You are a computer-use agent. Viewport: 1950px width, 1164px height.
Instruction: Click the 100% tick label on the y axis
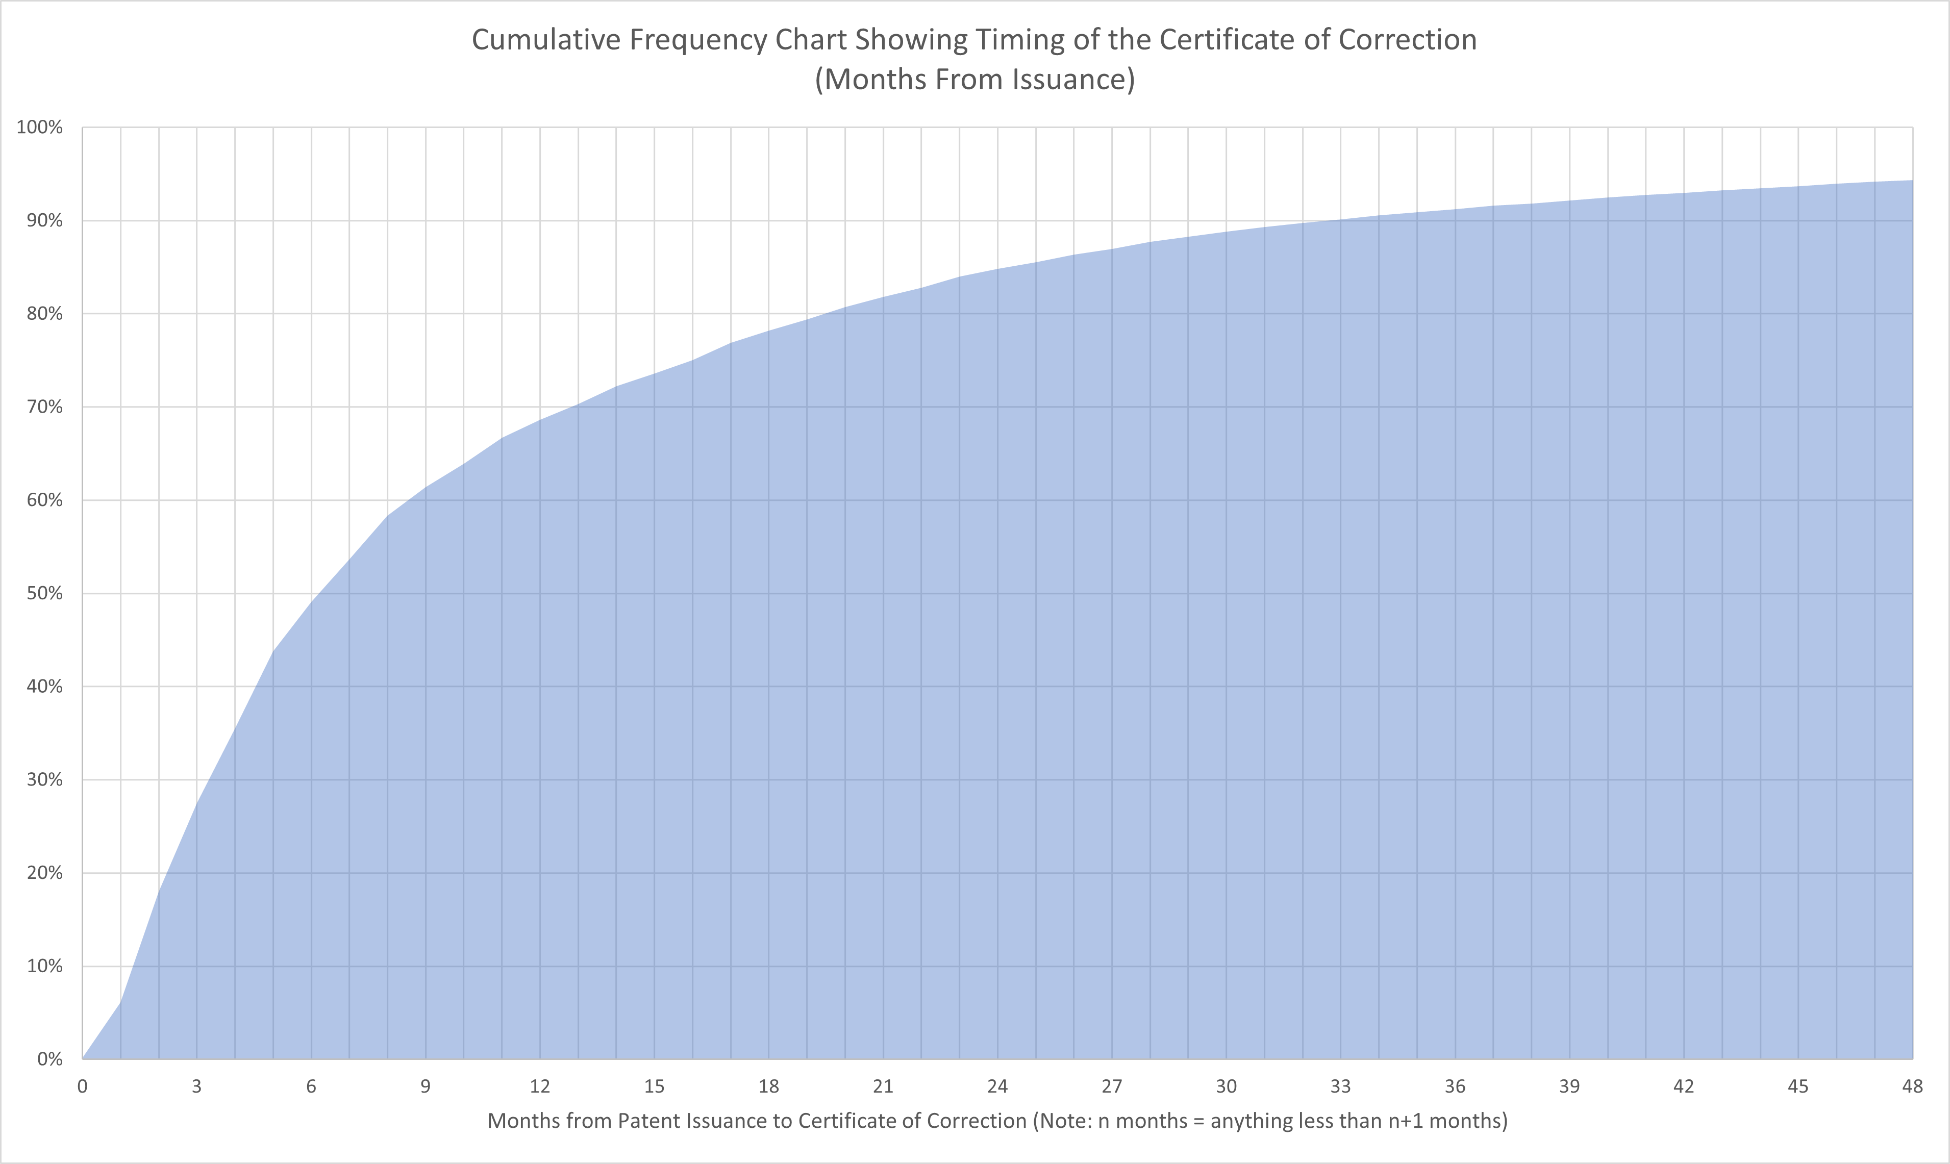[39, 127]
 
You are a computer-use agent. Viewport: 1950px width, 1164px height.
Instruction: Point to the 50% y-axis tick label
[44, 593]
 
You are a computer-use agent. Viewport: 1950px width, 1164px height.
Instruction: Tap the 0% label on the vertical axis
[49, 1059]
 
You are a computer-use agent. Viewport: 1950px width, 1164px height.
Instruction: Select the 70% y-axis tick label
[44, 407]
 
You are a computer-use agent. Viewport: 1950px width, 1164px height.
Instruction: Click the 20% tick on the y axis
[44, 873]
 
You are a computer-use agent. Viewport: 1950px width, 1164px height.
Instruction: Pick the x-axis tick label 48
[1912, 1086]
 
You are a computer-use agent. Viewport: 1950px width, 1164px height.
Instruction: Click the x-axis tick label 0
[82, 1086]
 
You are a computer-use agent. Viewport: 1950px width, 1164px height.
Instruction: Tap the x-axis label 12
[540, 1086]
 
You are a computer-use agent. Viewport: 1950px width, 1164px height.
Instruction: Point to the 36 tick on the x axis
[1455, 1086]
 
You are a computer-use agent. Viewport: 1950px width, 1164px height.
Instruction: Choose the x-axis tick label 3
[197, 1086]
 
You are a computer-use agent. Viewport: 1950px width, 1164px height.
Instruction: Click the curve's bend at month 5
[273, 650]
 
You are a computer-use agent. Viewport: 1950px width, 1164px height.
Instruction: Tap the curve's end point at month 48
[1912, 181]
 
